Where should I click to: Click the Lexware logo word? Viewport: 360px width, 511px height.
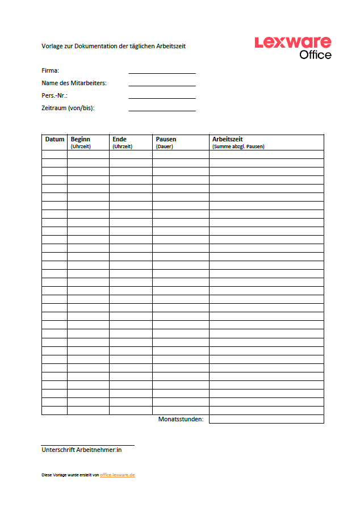coord(293,43)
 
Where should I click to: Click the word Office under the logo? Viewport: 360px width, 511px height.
coord(315,55)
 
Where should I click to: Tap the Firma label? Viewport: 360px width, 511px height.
coord(51,70)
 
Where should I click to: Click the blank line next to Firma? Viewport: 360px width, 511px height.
coord(162,72)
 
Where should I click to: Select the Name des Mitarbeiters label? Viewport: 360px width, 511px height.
coord(74,83)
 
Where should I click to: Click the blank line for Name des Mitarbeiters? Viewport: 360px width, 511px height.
coord(162,84)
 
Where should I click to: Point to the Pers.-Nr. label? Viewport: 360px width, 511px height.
coord(55,95)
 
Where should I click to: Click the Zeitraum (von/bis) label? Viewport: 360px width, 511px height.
coord(68,108)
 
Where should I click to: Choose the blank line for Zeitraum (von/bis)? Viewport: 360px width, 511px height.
coord(162,109)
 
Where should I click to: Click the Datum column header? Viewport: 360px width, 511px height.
coord(55,139)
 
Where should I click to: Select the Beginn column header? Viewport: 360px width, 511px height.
coord(80,139)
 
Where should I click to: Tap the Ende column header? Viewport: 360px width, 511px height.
coord(119,139)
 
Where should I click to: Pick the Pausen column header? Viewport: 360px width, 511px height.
coord(166,139)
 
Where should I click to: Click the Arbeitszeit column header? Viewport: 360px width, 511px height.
coord(227,139)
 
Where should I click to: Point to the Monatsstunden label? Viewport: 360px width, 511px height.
coord(181,420)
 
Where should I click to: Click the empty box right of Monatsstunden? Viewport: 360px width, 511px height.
coord(266,420)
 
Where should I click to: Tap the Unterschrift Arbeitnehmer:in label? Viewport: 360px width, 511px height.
coord(82,450)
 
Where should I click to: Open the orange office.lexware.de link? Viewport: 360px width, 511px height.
coord(118,475)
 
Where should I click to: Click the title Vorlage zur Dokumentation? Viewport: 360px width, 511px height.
coord(114,46)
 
